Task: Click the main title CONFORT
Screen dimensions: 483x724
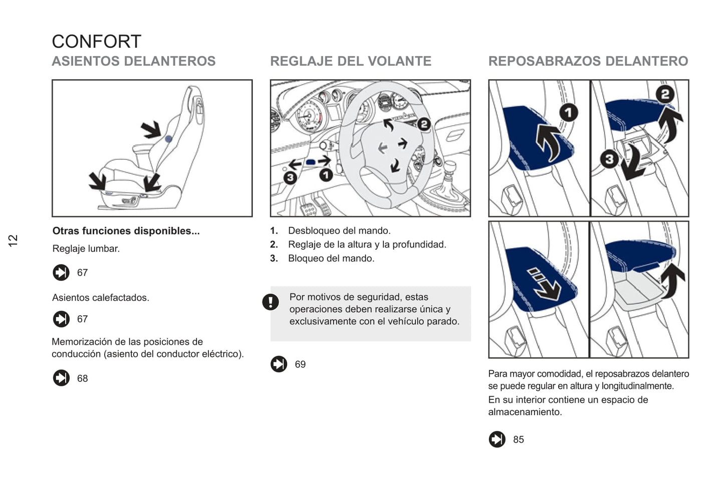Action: pyautogui.click(x=96, y=42)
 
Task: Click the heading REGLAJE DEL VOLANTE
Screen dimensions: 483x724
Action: pyautogui.click(x=350, y=61)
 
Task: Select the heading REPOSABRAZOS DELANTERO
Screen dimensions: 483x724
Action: pyautogui.click(x=588, y=61)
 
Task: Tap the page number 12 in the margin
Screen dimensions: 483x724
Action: pyautogui.click(x=13, y=240)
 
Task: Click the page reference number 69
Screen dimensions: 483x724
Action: pyautogui.click(x=300, y=364)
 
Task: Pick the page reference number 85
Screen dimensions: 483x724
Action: pyautogui.click(x=518, y=439)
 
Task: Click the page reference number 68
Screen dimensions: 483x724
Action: pyautogui.click(x=82, y=378)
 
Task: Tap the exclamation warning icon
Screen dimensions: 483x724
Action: pyautogui.click(x=271, y=302)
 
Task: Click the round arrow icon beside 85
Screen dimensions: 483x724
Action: pyautogui.click(x=497, y=439)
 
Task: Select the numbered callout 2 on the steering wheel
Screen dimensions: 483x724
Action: pyautogui.click(x=424, y=124)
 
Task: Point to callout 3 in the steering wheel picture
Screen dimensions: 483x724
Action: pyautogui.click(x=290, y=177)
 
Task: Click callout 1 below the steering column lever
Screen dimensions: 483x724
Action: pyautogui.click(x=326, y=175)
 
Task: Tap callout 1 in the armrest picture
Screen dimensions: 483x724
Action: pyautogui.click(x=568, y=112)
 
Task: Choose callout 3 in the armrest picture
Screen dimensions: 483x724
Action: pyautogui.click(x=609, y=159)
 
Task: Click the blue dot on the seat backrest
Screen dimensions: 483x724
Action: pyautogui.click(x=169, y=139)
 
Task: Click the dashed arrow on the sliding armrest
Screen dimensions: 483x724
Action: pyautogui.click(x=544, y=283)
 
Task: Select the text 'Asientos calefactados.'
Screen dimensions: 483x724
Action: pyautogui.click(x=101, y=298)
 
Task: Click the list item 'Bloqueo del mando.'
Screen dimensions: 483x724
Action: pyautogui.click(x=331, y=259)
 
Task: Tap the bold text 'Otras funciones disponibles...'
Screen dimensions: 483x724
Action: pyautogui.click(x=126, y=231)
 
